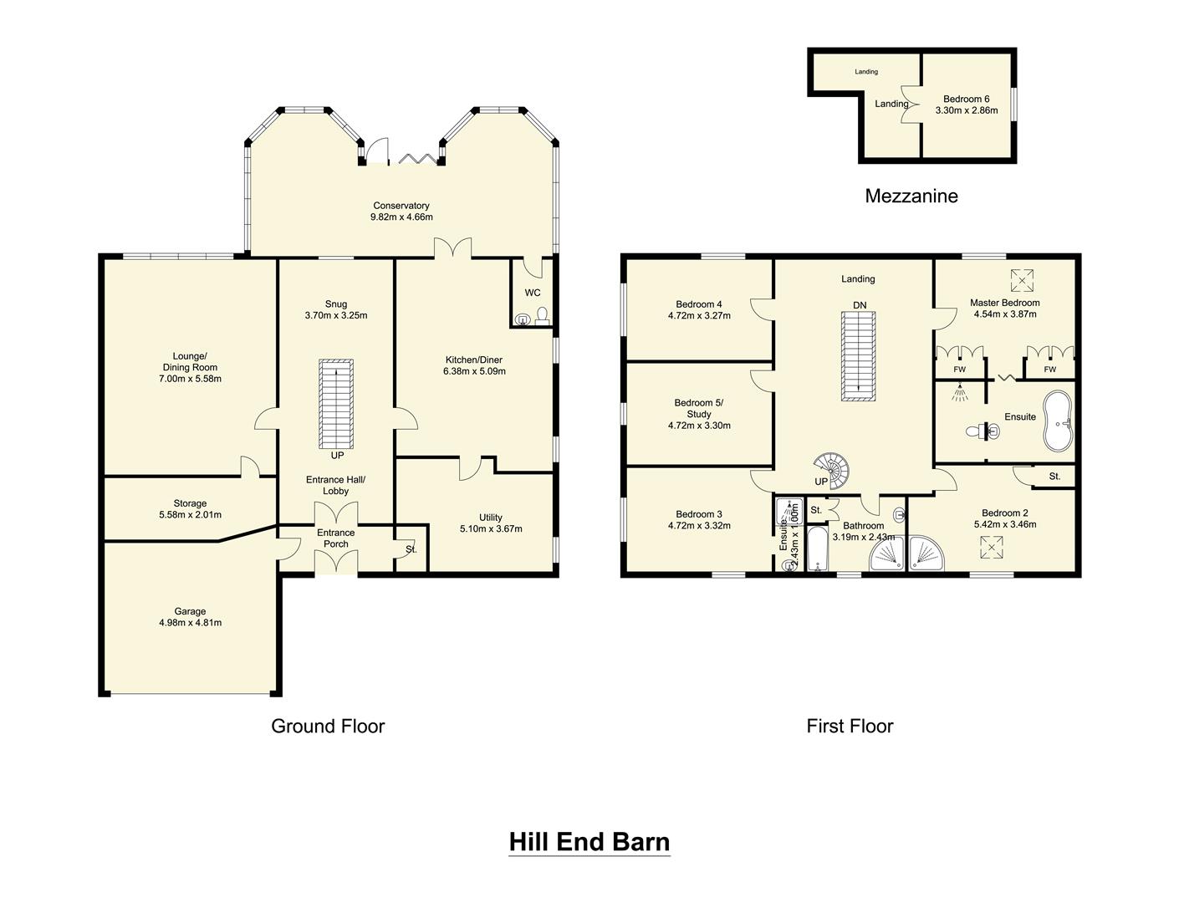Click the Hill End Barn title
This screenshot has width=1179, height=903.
pos(589,841)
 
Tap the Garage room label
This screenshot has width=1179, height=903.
pos(190,611)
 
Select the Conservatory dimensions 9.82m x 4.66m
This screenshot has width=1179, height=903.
pos(401,217)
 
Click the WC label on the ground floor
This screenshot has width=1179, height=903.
pos(533,293)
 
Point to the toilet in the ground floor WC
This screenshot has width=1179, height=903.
pos(541,315)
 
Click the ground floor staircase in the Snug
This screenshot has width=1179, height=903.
pos(336,405)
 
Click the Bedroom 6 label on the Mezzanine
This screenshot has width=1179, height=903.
pos(966,99)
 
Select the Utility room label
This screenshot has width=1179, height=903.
pos(491,517)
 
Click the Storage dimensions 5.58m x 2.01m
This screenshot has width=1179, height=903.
pos(190,515)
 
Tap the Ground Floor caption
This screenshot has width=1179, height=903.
pos(328,726)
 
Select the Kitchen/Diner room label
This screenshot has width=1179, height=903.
pos(475,360)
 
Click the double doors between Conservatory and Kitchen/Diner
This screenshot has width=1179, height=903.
pos(452,248)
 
